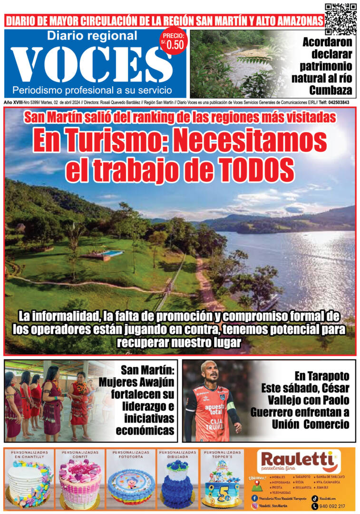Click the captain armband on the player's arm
(231, 406)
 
